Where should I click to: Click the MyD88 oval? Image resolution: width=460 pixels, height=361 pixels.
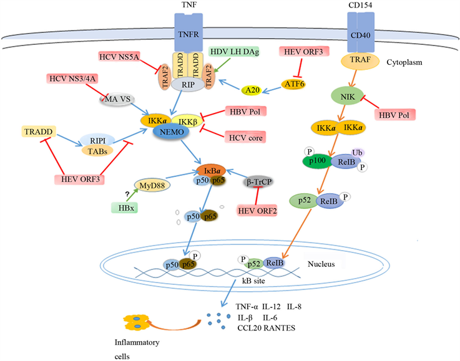click(x=150, y=186)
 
